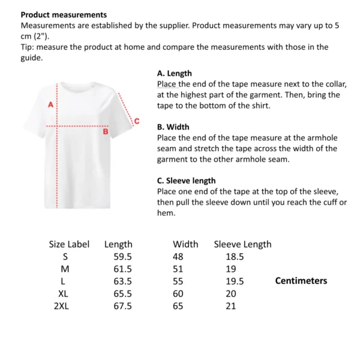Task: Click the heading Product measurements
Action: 64,14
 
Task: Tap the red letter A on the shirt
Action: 51,104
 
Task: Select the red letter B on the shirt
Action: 106,131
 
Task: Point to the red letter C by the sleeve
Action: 136,122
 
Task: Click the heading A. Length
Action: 175,73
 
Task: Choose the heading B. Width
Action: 173,127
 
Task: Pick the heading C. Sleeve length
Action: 186,181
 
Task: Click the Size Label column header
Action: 69,244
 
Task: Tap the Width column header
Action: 185,244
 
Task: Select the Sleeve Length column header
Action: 242,244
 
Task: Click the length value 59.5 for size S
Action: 122,257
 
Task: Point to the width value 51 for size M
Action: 178,269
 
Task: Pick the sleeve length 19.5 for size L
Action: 235,281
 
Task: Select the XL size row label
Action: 64,294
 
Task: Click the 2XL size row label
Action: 61,306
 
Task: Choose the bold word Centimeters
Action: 301,281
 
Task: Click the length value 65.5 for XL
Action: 122,294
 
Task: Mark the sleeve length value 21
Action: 231,306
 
